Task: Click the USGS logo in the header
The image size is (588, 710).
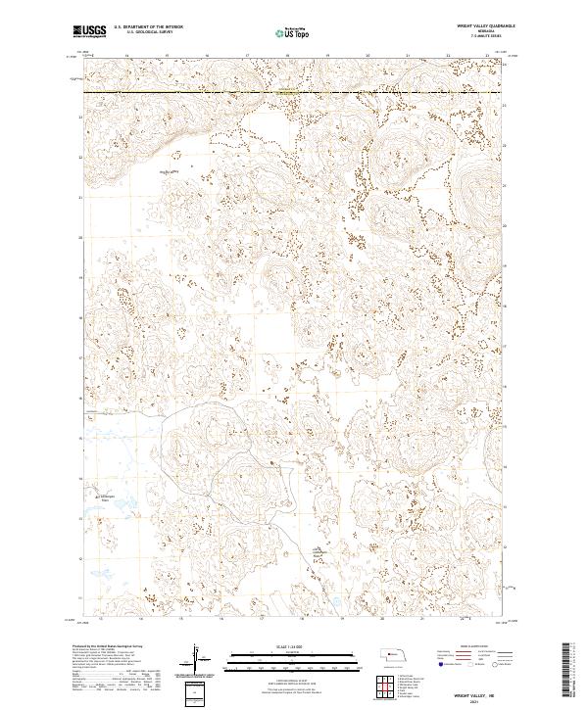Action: pyautogui.click(x=90, y=32)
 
